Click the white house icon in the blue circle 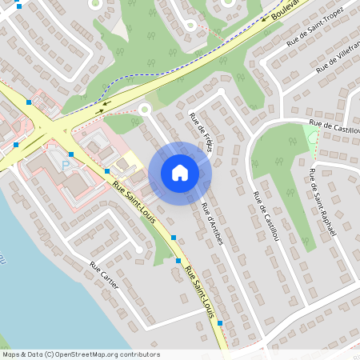(x=180, y=172)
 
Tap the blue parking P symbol (x=66, y=165)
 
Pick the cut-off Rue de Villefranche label (x=337, y=59)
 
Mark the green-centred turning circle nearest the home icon (x=145, y=110)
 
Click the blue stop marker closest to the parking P (x=70, y=154)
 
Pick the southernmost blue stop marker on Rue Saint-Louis (x=219, y=322)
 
